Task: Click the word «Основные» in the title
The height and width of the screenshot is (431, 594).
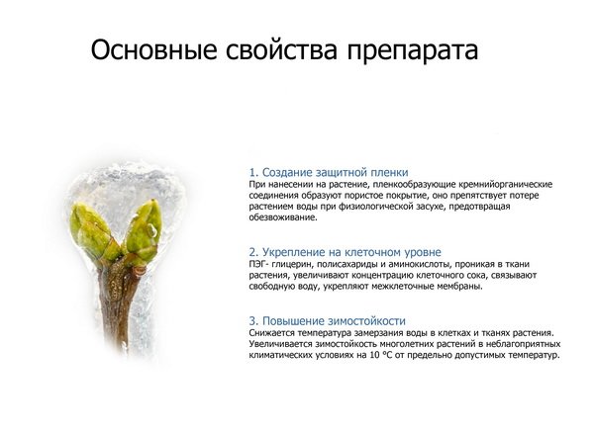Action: coord(153,50)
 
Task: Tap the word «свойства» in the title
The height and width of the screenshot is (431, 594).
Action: coord(281,50)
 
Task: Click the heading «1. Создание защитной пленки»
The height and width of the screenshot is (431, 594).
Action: coord(329,173)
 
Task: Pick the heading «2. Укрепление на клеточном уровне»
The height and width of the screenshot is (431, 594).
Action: coord(346,252)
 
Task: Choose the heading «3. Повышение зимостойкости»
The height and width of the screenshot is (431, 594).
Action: coord(328,321)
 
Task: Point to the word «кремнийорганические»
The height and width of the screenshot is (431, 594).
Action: coord(505,185)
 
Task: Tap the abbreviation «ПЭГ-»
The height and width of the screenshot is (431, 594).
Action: coord(258,264)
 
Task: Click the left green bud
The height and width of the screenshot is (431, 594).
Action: coord(93,232)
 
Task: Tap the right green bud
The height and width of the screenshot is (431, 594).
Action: coord(143,231)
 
